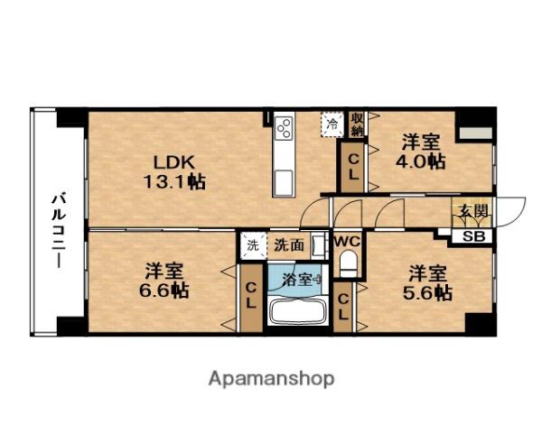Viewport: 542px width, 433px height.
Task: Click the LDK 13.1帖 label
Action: coord(178,171)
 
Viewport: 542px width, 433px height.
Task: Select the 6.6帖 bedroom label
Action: coord(164,280)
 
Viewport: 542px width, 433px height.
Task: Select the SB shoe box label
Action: coord(472,236)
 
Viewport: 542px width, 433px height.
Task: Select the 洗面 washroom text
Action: coord(288,244)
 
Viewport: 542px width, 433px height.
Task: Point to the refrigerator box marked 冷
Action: coord(333,124)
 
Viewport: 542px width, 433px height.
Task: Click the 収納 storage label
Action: coord(358,124)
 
